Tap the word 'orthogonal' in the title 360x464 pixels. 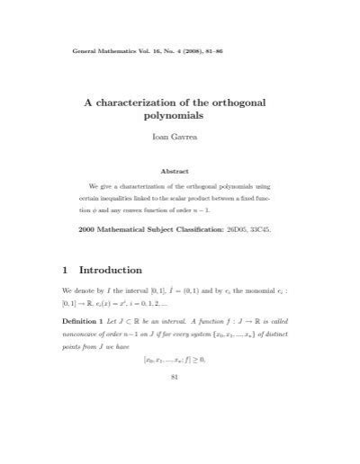tap(266, 103)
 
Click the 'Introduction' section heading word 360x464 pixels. tap(111, 270)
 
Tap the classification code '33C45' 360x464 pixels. tap(285, 230)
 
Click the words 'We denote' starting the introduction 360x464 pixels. tap(80, 293)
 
